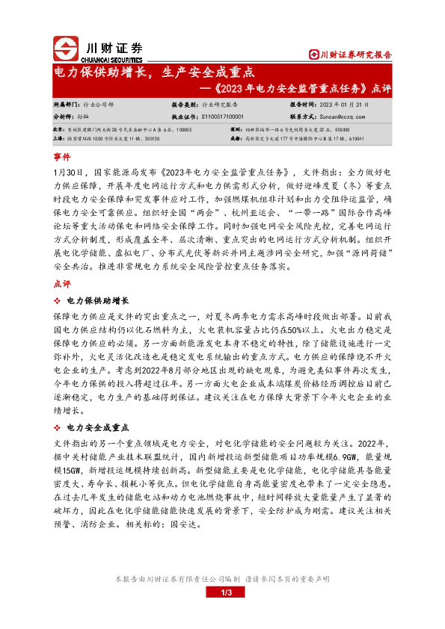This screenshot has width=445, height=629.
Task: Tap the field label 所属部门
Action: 66,105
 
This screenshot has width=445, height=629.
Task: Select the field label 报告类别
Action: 184,105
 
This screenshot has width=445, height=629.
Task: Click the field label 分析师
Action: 63,117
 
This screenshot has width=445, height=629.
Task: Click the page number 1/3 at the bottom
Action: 228,592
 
